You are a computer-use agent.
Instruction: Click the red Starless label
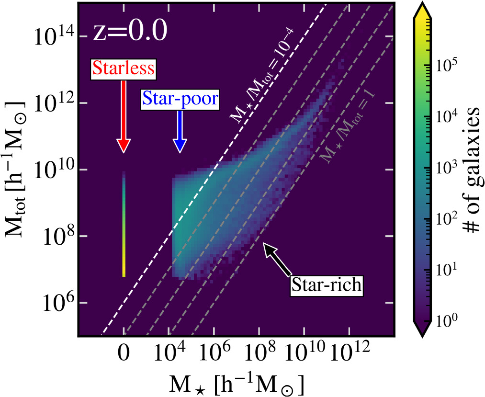[124, 69]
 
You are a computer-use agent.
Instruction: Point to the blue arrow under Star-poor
[180, 132]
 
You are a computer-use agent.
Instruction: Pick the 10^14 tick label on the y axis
[53, 36]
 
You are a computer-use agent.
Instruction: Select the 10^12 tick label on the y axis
[53, 102]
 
